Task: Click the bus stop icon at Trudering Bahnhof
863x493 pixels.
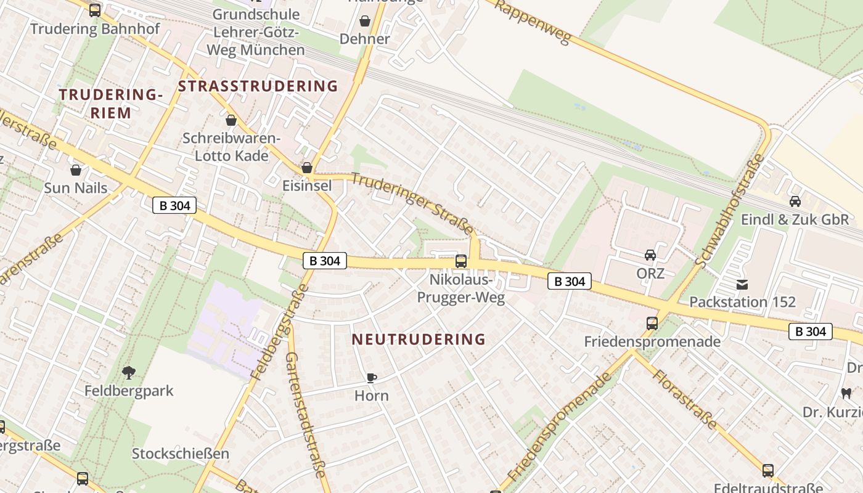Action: pos(94,10)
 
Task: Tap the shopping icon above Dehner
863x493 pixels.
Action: pos(365,21)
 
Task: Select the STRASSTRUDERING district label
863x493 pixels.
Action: pos(258,86)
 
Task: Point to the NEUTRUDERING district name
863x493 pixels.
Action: pos(419,339)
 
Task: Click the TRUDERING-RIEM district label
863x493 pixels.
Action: pos(111,104)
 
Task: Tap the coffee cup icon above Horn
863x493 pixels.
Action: pos(371,377)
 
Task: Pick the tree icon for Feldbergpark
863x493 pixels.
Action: pos(128,372)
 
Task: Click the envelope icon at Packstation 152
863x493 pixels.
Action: pos(742,284)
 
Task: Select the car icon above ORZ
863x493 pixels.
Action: pos(650,255)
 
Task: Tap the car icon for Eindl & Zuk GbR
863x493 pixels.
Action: pos(795,201)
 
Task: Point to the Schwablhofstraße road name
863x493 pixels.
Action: pos(729,211)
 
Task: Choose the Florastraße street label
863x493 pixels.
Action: pos(685,399)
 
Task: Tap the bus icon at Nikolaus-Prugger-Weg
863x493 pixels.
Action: pos(460,261)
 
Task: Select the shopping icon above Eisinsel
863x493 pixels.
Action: pos(306,168)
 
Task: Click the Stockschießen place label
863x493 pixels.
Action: pos(180,454)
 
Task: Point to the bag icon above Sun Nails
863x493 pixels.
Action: pos(76,170)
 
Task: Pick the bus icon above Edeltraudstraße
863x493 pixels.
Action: pos(767,470)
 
